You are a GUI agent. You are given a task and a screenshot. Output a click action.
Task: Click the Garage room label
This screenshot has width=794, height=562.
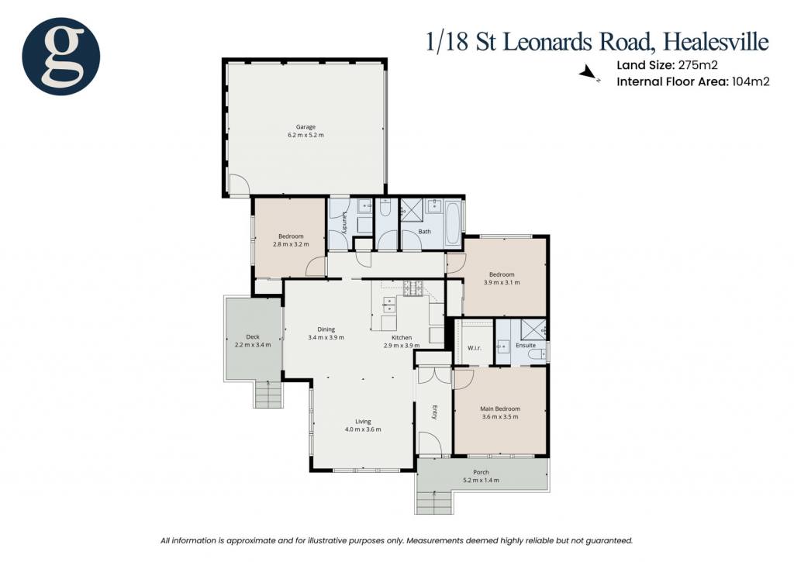click(306, 127)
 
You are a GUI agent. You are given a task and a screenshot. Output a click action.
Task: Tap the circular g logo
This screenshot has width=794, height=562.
click(60, 56)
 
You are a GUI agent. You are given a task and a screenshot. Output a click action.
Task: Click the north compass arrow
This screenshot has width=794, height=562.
click(589, 73)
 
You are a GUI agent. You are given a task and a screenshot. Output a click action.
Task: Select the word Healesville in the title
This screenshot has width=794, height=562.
click(716, 42)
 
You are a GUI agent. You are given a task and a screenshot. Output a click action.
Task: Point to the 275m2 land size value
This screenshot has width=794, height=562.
click(698, 65)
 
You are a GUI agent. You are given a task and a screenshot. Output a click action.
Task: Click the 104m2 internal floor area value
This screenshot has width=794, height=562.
click(751, 81)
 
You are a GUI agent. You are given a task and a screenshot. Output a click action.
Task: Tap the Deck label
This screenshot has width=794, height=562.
click(253, 336)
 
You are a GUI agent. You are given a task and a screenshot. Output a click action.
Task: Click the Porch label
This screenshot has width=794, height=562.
click(481, 472)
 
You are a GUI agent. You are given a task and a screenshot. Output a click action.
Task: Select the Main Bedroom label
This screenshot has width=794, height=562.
click(500, 409)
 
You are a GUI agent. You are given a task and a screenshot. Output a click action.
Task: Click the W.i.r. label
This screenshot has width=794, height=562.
click(475, 348)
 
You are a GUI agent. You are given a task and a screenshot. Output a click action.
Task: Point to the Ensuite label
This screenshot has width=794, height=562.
click(526, 345)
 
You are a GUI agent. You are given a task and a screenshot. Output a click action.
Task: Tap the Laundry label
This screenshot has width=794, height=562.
click(343, 222)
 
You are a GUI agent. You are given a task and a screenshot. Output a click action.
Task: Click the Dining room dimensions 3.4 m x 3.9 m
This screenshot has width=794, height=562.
click(326, 337)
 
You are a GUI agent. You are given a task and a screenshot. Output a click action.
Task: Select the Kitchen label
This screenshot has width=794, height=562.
click(402, 337)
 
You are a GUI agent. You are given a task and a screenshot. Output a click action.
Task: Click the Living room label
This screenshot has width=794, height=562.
click(363, 421)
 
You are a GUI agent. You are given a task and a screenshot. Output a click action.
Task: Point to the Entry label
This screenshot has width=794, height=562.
click(434, 412)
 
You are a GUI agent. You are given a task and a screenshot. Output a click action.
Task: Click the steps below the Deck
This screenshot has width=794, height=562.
click(268, 394)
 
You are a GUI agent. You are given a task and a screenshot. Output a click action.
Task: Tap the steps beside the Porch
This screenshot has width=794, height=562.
click(434, 502)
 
